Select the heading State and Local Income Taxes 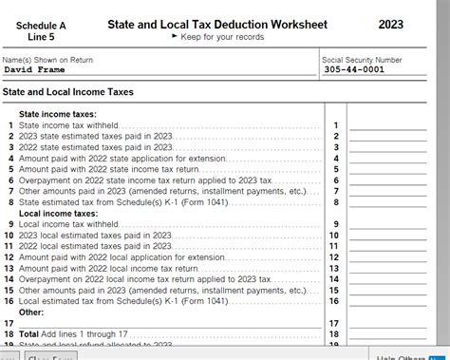(x=68, y=92)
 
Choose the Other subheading (x=31, y=312)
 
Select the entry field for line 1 (x=386, y=124)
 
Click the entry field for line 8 (x=386, y=201)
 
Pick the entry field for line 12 (x=386, y=256)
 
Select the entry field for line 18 (x=386, y=334)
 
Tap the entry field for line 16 (x=386, y=300)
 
